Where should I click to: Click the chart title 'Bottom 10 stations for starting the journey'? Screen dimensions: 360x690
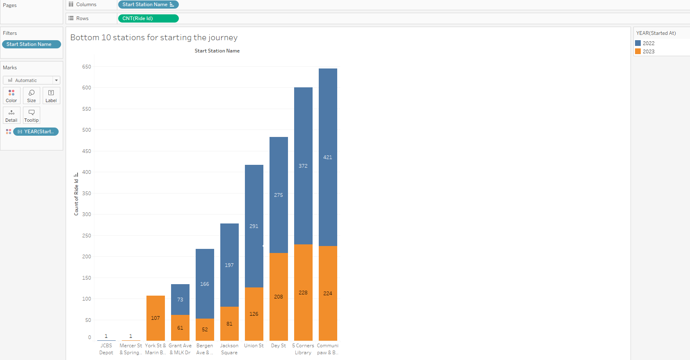coord(154,38)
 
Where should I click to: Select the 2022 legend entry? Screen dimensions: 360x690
coord(648,43)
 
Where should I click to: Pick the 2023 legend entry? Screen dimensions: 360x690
coord(648,52)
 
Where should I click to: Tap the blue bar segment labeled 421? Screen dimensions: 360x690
coord(328,157)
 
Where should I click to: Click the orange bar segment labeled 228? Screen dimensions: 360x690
coord(303,292)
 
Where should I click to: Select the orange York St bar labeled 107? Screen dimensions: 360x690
coord(155,318)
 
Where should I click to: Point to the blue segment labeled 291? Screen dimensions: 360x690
coord(254,226)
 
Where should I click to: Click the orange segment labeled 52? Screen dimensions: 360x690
coord(205,329)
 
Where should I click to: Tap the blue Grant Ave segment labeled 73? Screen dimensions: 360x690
coord(180,299)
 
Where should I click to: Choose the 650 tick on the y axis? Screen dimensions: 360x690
coord(87,67)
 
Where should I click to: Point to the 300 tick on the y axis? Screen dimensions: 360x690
coord(87,214)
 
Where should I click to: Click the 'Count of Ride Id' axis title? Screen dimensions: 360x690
coord(76,197)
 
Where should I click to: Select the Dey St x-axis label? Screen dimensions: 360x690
coord(279,346)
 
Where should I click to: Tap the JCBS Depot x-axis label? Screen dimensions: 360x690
coord(106,349)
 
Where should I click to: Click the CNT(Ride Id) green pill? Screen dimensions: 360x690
coord(148,18)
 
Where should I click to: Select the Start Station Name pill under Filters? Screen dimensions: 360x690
coord(31,44)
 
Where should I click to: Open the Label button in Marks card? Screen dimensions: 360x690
coord(51,96)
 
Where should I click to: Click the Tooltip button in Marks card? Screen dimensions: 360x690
coord(32,115)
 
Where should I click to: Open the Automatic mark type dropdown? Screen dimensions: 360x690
coord(32,80)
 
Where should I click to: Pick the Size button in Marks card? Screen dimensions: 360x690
coord(32,96)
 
